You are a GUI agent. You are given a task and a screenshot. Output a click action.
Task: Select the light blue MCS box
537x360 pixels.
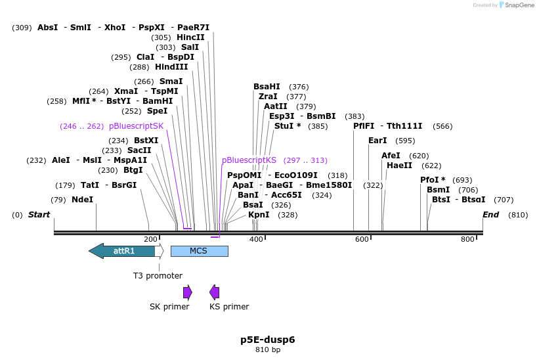coord(199,251)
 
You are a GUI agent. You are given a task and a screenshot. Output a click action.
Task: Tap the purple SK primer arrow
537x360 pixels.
coord(187,292)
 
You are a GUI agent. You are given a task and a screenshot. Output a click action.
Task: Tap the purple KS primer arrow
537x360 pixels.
coord(214,292)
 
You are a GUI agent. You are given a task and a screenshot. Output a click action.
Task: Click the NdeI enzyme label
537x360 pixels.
coord(82,200)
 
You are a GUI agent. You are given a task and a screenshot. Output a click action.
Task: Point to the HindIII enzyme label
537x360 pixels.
coord(171,67)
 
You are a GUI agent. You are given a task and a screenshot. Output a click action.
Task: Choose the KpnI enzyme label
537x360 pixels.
coord(259,215)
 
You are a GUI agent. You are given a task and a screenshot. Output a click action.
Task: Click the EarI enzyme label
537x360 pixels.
coord(377,141)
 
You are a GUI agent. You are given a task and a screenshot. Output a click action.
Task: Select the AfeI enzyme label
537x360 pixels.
coord(391,156)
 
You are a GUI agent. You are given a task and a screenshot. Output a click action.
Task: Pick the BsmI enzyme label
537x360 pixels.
coord(438,190)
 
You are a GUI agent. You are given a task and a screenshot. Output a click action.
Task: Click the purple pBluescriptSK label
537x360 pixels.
coord(136,125)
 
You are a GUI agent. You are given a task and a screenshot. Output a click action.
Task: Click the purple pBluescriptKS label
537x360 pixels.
coord(249,160)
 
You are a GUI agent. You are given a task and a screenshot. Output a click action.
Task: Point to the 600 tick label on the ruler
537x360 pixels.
coord(362,240)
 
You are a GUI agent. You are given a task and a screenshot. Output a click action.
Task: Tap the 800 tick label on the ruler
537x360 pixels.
coord(467,240)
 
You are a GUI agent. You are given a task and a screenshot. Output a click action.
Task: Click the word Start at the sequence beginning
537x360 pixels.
coord(39,215)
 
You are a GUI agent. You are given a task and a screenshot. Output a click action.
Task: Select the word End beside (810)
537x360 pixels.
coord(490,215)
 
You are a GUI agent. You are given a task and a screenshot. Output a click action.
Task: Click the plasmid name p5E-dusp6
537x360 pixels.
coord(267,340)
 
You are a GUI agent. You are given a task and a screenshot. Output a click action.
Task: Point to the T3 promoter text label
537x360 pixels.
coord(158,276)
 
